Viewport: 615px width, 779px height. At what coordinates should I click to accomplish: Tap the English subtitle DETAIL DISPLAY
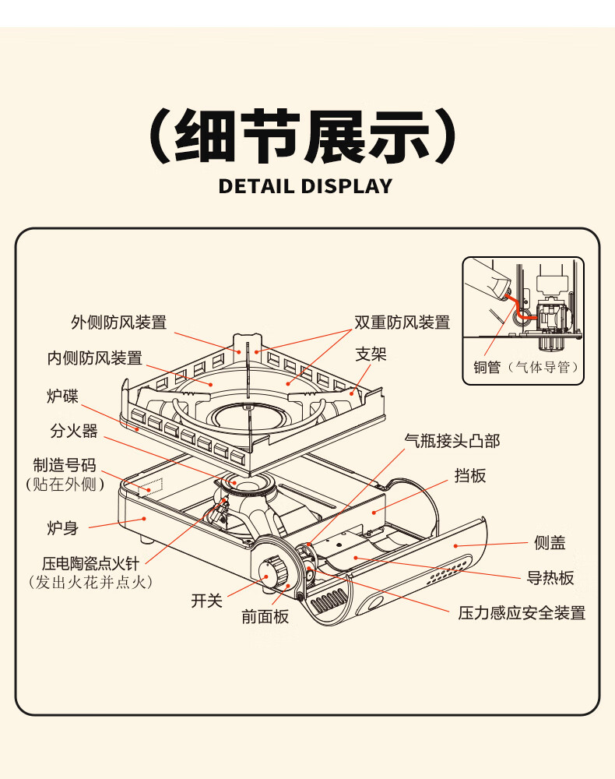[x=305, y=186]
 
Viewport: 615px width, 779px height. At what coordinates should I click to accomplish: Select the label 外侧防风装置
[x=118, y=323]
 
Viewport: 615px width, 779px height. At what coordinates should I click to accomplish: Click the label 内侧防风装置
[x=94, y=358]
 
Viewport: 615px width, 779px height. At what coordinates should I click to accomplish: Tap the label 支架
[x=371, y=355]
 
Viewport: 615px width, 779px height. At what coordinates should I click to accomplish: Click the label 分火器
[x=74, y=431]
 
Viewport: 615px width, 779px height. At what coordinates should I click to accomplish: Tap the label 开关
[x=207, y=601]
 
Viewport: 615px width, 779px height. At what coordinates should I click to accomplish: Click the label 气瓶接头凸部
[x=452, y=441]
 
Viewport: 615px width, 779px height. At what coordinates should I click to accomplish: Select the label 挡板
[x=469, y=475]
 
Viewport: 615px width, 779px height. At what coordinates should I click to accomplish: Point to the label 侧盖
[x=550, y=543]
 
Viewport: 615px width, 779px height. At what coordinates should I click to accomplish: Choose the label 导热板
[x=550, y=577]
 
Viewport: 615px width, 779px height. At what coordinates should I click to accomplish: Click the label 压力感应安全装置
[x=521, y=613]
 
